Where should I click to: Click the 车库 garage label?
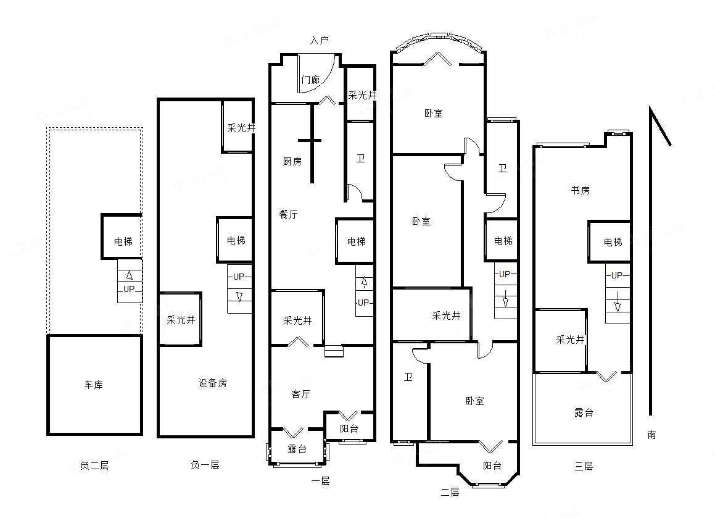point(94,385)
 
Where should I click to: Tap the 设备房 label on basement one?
point(212,383)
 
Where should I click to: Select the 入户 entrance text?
point(320,40)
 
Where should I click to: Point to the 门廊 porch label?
point(310,80)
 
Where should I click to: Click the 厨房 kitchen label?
point(292,161)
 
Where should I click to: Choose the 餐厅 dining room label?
point(288,214)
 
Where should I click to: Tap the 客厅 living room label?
point(300,394)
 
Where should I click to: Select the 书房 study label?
point(580,190)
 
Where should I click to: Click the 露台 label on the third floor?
point(584,412)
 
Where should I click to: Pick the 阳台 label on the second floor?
point(492,466)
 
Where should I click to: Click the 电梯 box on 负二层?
point(122,241)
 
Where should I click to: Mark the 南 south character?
point(652,435)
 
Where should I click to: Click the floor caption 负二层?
point(94,466)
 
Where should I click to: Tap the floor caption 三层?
point(584,466)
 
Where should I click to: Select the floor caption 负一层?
point(205,465)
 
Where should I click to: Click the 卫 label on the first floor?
point(360,159)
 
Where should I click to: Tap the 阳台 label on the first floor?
point(349,428)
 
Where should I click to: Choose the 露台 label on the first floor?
point(297,449)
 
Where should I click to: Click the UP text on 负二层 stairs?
point(129,289)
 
